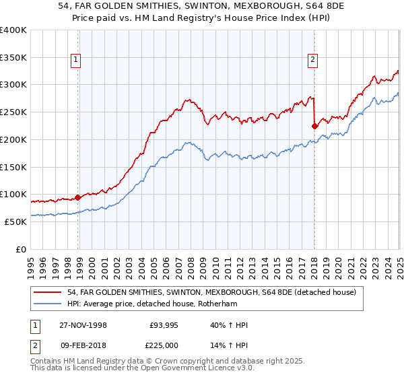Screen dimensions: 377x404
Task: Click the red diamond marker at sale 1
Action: [x=78, y=197]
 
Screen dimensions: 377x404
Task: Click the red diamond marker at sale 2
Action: [x=314, y=125]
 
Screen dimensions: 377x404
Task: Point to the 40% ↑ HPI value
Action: [x=230, y=325]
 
